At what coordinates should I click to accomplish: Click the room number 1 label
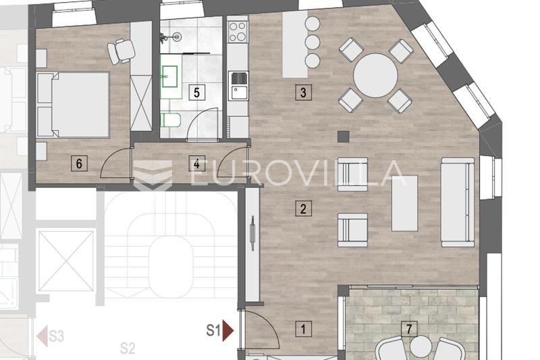303,329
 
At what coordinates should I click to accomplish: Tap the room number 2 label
303,209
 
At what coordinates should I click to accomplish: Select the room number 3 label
303,93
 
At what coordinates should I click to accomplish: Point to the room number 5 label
196,93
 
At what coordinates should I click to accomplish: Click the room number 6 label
79,163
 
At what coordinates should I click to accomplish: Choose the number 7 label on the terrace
409,329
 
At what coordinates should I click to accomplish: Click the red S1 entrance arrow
228,330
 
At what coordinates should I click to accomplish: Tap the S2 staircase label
128,349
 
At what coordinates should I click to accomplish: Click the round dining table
376,75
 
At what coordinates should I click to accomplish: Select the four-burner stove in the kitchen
238,31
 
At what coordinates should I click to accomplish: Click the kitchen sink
238,86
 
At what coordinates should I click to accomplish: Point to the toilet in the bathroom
171,120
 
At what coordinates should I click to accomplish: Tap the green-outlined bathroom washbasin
170,77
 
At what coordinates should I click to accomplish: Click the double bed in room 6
74,105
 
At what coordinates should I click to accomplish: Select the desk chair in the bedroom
122,50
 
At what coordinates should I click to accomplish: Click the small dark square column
344,136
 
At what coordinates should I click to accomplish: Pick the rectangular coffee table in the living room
404,203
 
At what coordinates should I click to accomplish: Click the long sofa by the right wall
458,202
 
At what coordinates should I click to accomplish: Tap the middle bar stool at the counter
313,42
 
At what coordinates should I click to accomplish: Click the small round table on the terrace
421,347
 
